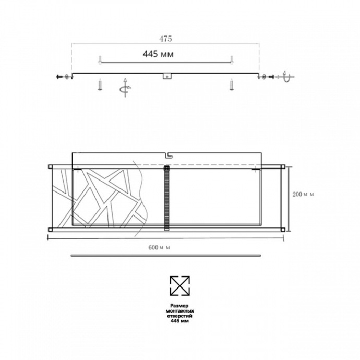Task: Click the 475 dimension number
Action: [166, 39]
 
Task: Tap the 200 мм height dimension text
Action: [302, 194]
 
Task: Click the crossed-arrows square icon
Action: [179, 285]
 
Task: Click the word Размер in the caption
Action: [179, 306]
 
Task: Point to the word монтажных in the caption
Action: [179, 311]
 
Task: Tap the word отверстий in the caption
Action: [179, 316]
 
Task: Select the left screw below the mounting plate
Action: [99, 85]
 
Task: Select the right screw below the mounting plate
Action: [231, 85]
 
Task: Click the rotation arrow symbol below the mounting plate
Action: [125, 88]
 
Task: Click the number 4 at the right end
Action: [284, 73]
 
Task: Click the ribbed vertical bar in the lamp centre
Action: [167, 197]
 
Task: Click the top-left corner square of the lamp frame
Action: [50, 167]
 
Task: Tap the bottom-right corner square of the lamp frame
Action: [283, 229]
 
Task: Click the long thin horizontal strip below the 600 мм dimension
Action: [165, 256]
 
